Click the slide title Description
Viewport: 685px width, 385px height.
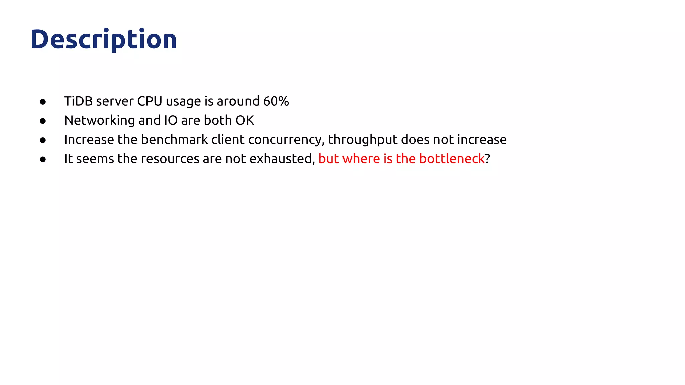click(104, 39)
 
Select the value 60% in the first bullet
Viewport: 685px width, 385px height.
click(276, 101)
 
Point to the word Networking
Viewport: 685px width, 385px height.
click(99, 120)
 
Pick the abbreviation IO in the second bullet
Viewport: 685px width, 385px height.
click(171, 120)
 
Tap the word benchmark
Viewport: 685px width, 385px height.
click(174, 140)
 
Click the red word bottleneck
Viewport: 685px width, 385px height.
click(452, 159)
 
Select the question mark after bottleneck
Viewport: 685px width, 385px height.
click(488, 159)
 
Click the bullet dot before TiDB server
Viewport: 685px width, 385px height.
click(43, 102)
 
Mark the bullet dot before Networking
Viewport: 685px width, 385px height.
click(43, 121)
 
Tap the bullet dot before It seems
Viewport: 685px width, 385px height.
click(43, 159)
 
